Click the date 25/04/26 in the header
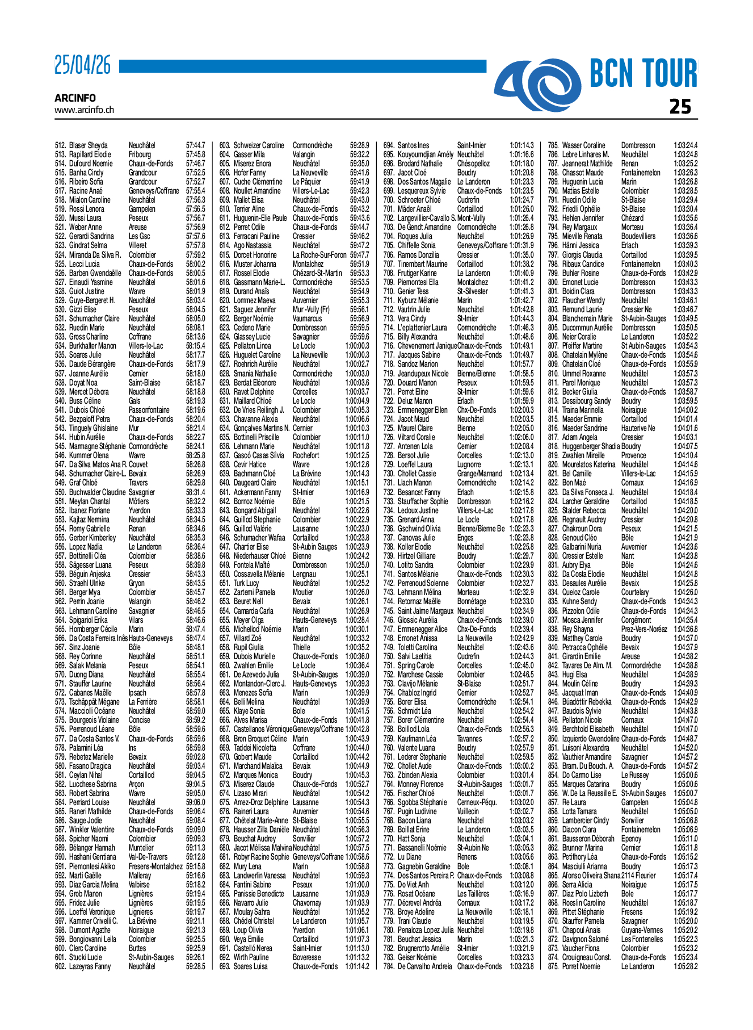[x=83, y=66]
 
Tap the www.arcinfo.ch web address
[x=84, y=110]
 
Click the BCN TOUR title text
[x=643, y=74]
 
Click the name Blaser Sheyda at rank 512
[x=88, y=145]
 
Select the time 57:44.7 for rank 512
[x=196, y=145]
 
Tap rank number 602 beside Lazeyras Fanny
[x=60, y=966]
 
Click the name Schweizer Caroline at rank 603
[x=259, y=145]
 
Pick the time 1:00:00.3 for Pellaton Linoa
[x=357, y=346]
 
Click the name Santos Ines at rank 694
[x=413, y=145]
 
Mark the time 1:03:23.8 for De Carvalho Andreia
[x=521, y=966]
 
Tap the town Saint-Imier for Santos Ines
[x=472, y=145]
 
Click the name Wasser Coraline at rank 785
[x=583, y=145]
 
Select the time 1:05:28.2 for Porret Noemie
[x=685, y=966]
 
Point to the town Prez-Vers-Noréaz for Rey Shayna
[x=644, y=629]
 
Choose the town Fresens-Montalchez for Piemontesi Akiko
[x=155, y=866]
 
